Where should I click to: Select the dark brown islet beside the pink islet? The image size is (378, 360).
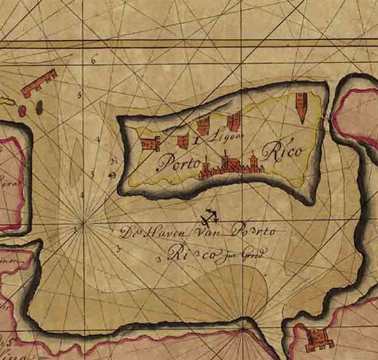[x=39, y=108]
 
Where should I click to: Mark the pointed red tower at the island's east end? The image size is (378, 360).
[x=301, y=107]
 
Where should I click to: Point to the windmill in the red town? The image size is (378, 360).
[x=226, y=158]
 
